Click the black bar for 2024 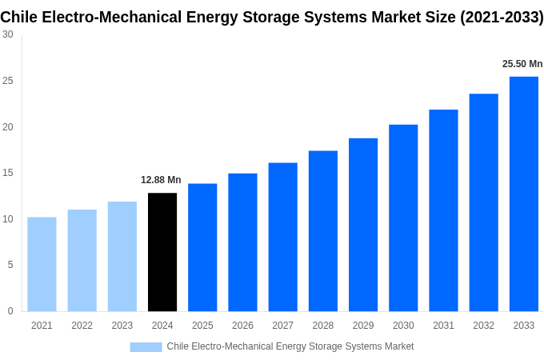point(162,252)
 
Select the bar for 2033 point(523,194)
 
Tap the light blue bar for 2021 point(42,264)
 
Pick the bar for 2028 point(322,231)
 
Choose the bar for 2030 point(403,218)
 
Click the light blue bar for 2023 point(122,256)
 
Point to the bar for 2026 point(242,242)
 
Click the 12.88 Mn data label point(161,180)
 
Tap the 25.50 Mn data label point(522,64)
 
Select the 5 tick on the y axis point(10,265)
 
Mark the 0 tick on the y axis point(10,311)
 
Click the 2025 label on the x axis point(202,326)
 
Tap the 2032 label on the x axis point(483,326)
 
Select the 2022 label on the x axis point(82,326)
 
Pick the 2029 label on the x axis point(362,326)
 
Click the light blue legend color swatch point(146,346)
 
